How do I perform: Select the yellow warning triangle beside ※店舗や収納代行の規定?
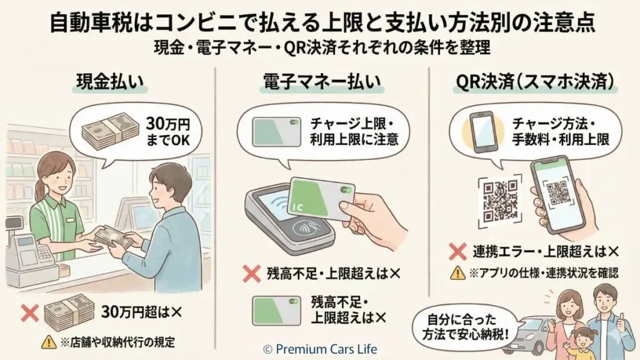pyautogui.click(x=48, y=342)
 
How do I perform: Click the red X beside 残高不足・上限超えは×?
pyautogui.click(x=251, y=273)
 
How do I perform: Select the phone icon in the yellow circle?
pyautogui.click(x=481, y=132)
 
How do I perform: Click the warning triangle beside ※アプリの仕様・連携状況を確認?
pyautogui.click(x=458, y=272)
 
